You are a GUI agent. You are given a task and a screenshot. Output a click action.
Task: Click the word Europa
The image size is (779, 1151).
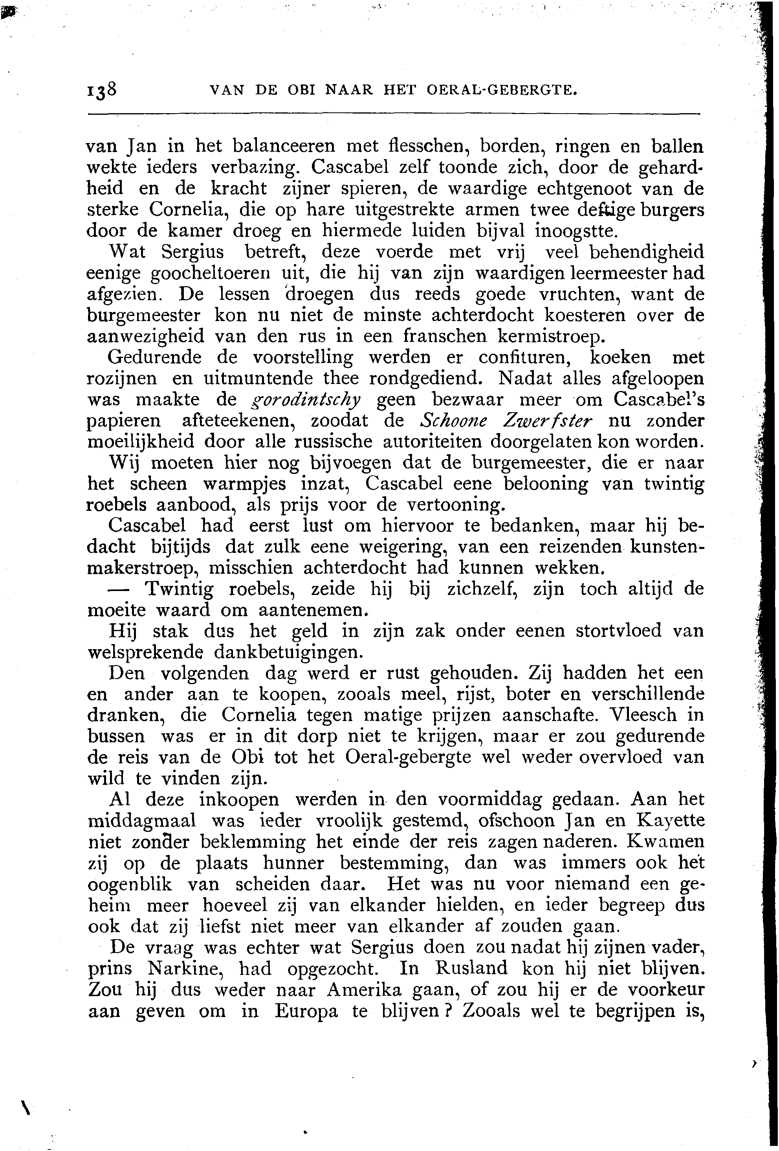tap(306, 1011)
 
